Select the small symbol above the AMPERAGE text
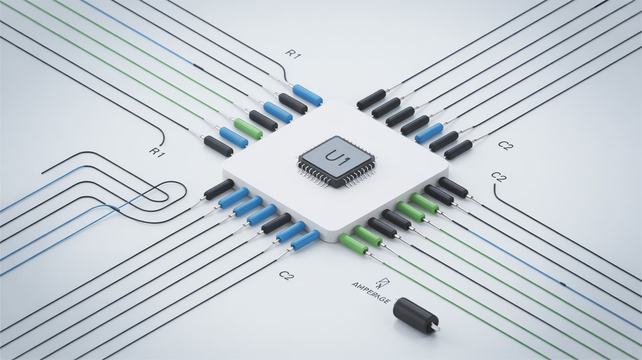tap(380, 281)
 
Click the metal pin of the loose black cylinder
tap(435, 328)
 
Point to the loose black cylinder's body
tap(413, 315)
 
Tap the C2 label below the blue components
tap(286, 275)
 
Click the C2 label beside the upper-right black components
tap(505, 145)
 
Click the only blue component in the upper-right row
tap(429, 133)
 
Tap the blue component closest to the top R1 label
tap(307, 94)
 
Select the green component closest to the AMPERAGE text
tap(353, 244)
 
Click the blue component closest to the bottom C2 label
tap(305, 240)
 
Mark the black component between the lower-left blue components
tap(276, 223)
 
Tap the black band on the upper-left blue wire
tap(200, 65)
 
